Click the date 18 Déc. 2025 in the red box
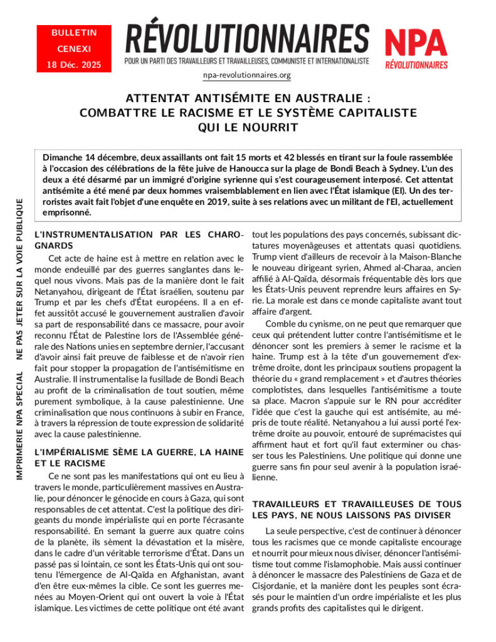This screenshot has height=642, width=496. click(x=74, y=65)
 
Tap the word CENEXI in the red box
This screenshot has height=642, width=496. click(x=74, y=48)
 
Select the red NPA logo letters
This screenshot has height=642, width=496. click(x=416, y=43)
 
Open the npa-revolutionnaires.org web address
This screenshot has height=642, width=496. click(x=247, y=75)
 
